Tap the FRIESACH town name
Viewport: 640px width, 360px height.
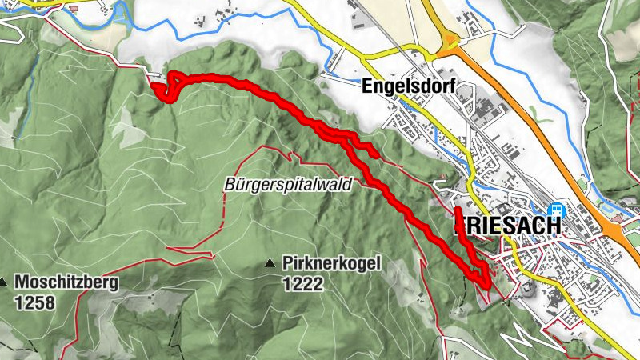tap(507, 226)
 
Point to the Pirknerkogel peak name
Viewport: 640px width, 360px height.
tap(330, 262)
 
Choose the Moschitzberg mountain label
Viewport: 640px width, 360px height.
tap(66, 282)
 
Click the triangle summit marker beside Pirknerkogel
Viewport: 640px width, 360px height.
tap(271, 262)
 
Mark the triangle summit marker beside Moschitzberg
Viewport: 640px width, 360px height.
tap(4, 282)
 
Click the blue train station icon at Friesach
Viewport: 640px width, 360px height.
tap(556, 211)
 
